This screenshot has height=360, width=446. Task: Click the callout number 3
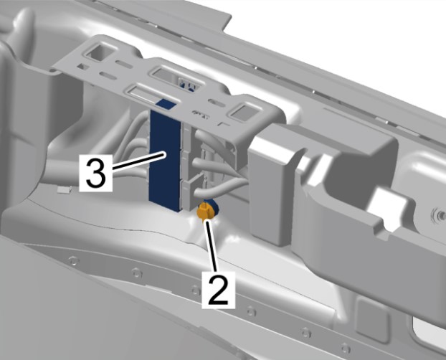point(96,172)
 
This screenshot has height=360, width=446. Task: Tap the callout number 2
point(218,290)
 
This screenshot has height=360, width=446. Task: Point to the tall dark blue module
point(165,159)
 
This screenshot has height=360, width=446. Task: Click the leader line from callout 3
point(139,161)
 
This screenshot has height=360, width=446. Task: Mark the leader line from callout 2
point(212,246)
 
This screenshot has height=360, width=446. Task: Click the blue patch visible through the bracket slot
point(166,104)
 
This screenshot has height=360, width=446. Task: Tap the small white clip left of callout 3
point(64,189)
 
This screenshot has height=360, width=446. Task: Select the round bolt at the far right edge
point(440,215)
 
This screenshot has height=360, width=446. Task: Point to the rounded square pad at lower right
point(372,319)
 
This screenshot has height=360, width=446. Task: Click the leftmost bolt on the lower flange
point(73,260)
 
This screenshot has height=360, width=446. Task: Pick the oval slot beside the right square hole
point(217,103)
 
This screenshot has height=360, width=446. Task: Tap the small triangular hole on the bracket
point(82,67)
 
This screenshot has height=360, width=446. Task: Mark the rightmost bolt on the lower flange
point(346,348)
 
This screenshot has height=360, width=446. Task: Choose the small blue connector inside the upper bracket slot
point(187,85)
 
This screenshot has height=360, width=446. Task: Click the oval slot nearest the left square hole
point(123,64)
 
